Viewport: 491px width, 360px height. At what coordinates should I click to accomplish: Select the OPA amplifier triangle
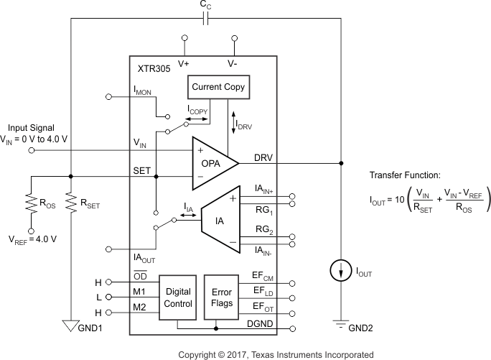[213, 163]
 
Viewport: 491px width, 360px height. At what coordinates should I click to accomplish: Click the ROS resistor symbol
[32, 203]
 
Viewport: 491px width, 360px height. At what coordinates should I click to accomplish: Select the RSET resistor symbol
[70, 203]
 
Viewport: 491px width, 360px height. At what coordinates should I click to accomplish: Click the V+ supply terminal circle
[184, 37]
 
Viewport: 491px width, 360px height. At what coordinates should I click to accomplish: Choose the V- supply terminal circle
[233, 37]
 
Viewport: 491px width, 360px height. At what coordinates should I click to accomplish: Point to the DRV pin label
[263, 157]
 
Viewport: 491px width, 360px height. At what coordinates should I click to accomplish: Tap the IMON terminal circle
[109, 96]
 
